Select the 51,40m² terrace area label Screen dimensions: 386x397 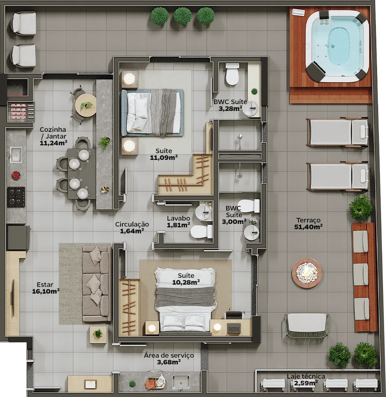[x=308, y=227]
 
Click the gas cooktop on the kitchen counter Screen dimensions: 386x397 [x=16, y=197]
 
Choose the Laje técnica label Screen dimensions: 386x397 [x=306, y=376]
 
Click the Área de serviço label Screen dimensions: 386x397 [x=169, y=355]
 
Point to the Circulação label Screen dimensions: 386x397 [x=132, y=224]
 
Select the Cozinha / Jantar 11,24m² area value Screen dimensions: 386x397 [x=54, y=143]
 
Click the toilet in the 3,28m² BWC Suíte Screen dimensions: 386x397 [x=232, y=74]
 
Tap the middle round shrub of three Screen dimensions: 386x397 [x=182, y=16]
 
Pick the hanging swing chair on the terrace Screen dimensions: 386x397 [x=307, y=325]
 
